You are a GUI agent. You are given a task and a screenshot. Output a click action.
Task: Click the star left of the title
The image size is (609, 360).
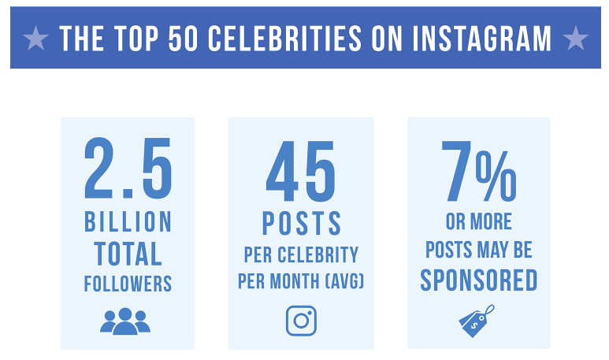click(x=36, y=38)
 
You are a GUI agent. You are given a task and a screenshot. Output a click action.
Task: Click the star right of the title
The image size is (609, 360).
click(x=576, y=38)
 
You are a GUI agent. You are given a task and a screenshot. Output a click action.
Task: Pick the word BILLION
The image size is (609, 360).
click(x=128, y=223)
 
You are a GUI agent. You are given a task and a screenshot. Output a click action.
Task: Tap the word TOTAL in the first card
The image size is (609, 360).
click(x=128, y=254)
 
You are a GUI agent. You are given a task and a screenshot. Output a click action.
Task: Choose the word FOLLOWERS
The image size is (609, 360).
click(x=128, y=284)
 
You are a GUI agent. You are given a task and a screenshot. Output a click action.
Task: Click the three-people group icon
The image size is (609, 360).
click(x=125, y=321)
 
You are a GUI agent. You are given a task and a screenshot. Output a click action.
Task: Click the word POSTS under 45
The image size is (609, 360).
click(x=302, y=224)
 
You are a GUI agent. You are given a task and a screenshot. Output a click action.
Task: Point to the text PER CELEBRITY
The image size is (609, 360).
click(x=301, y=255)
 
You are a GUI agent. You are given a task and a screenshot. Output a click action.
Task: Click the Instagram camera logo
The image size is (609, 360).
click(x=301, y=321)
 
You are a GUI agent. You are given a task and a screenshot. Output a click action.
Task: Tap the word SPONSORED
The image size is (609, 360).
click(x=478, y=280)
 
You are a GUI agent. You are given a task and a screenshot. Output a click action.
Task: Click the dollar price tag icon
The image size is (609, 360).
click(x=477, y=319)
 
